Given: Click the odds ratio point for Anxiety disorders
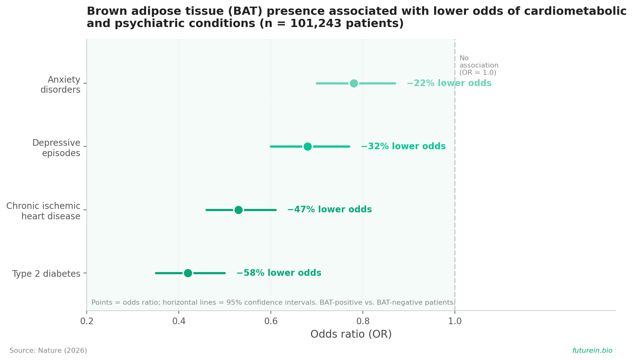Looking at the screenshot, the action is [354, 83].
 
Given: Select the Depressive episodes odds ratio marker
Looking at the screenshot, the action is [308, 146].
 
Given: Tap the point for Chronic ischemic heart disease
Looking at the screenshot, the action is [238, 210].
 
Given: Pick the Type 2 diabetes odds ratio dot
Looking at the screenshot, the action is [188, 273].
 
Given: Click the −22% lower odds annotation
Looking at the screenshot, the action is [449, 83].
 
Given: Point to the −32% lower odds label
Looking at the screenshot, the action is [403, 146].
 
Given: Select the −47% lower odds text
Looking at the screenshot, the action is [330, 210].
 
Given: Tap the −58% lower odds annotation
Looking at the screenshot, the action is [279, 273].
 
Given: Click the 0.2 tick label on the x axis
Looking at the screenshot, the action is [87, 321].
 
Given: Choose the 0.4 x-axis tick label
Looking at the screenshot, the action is [179, 321].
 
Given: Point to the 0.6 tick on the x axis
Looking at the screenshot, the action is [271, 321].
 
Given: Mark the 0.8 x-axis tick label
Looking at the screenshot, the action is [363, 321].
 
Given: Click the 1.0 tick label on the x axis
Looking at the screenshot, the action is [455, 321].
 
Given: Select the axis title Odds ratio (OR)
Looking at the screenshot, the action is [351, 334].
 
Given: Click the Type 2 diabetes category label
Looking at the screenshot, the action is [46, 274].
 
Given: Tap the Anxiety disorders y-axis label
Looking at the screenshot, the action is [60, 85].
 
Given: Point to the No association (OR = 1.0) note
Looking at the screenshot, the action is [479, 65].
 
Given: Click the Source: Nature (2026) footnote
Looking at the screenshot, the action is [48, 351].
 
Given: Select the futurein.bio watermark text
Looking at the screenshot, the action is [592, 351].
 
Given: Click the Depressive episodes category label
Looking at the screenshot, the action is [56, 148].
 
